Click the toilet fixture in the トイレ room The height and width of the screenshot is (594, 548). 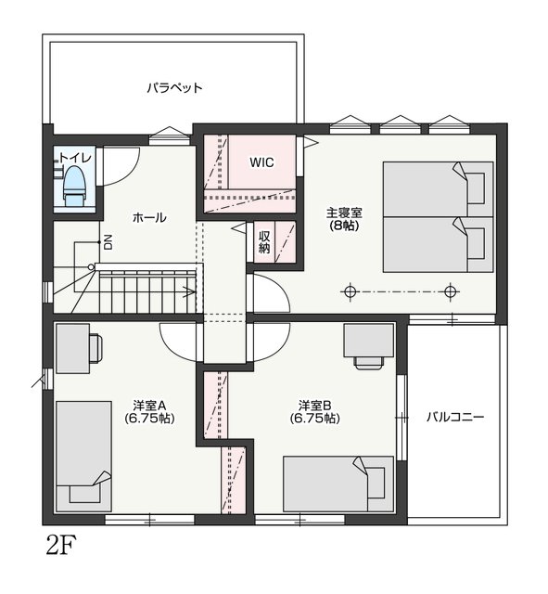click(74, 187)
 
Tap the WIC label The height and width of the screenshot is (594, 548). click(261, 162)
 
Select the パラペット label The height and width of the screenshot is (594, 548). click(174, 88)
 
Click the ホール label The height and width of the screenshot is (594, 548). click(149, 217)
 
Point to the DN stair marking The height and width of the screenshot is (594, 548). click(108, 242)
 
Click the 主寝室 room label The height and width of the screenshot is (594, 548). click(344, 213)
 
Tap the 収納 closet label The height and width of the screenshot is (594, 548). click(264, 242)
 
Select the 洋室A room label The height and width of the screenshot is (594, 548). click(149, 406)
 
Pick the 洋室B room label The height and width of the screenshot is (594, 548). click(315, 406)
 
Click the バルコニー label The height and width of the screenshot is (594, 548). click(455, 418)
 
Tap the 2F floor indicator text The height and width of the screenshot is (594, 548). click(61, 545)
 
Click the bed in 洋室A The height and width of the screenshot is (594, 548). click(83, 457)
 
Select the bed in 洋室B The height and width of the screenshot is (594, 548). click(338, 484)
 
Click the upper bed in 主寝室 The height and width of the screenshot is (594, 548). click(438, 189)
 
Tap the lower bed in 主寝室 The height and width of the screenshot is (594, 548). click(438, 244)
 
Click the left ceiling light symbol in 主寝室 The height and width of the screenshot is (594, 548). click(350, 292)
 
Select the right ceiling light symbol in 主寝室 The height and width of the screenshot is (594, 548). click(450, 292)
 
